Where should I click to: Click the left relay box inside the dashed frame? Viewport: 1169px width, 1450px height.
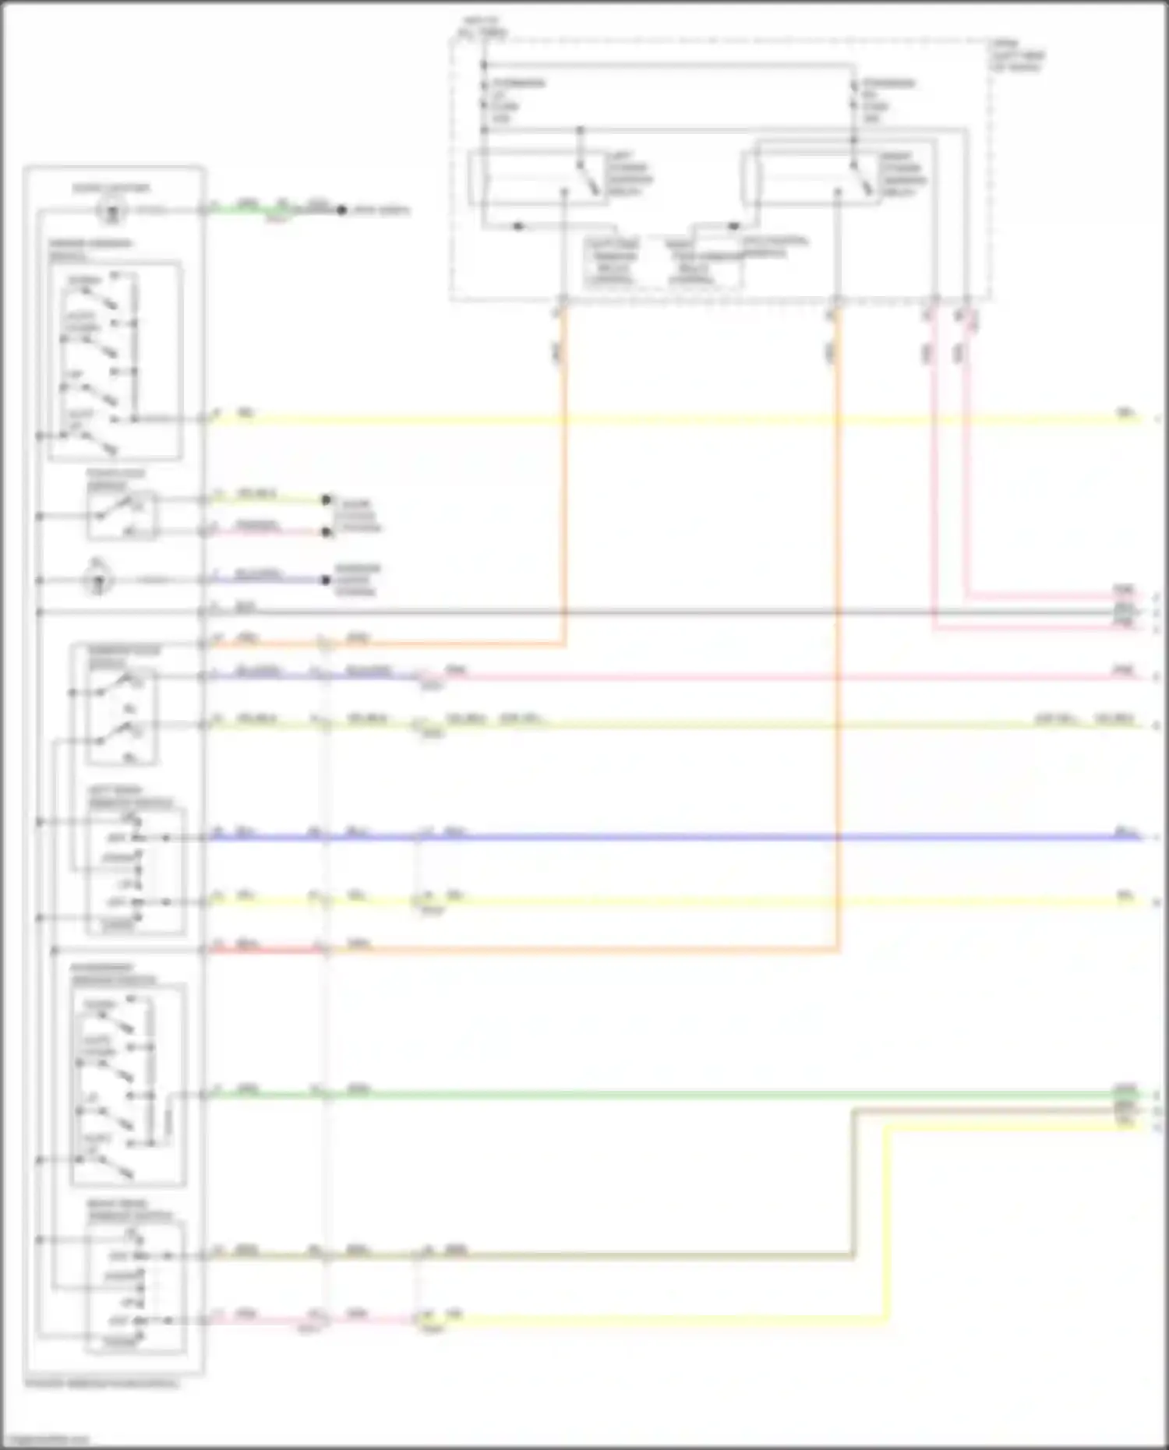coord(538,178)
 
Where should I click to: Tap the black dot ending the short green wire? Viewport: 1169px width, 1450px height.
coord(341,210)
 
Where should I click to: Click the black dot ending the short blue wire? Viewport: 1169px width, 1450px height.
coord(327,580)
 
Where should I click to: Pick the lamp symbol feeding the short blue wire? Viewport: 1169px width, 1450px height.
coord(99,580)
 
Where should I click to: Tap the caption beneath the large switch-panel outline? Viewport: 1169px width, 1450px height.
coord(101,1385)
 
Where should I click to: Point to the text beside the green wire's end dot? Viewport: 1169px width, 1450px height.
coord(378,210)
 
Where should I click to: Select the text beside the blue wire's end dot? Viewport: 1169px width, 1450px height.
coord(357,580)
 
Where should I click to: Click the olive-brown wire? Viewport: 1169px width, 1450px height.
coord(623,1255)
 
